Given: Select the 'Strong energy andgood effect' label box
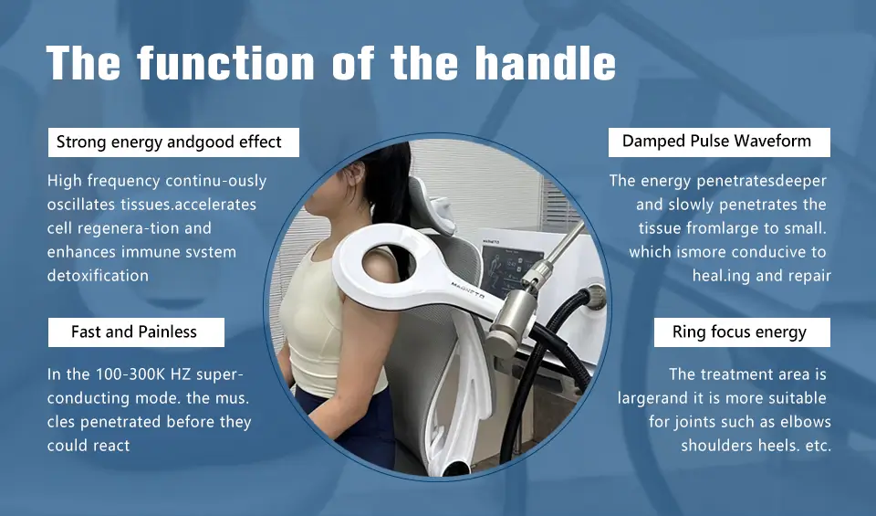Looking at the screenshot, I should click(169, 142).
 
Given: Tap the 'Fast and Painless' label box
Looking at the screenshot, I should click(134, 332).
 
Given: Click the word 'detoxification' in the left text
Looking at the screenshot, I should click(98, 275).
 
